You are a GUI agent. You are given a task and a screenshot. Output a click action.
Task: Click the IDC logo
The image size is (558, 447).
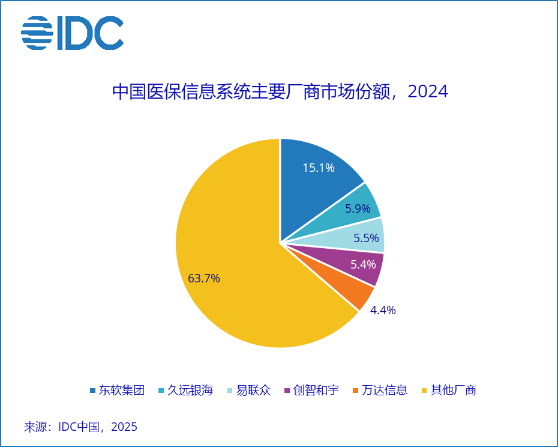(73, 33)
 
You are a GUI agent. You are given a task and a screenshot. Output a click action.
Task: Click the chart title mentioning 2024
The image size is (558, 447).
(280, 92)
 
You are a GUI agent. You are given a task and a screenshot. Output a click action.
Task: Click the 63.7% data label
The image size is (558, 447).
(204, 278)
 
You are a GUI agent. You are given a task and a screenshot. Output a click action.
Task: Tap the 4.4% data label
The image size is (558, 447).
(383, 310)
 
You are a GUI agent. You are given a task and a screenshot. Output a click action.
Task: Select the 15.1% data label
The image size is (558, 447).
(319, 168)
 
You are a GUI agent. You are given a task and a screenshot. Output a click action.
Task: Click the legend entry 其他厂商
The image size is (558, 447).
(453, 390)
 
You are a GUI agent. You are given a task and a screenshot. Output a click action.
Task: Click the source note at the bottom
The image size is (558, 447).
(81, 427)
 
